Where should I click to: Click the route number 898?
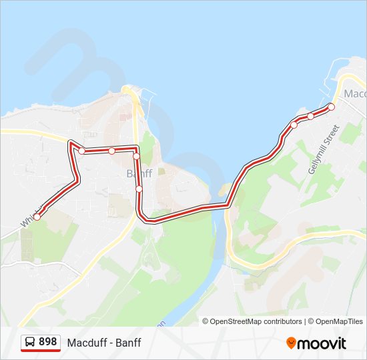[x=48, y=342]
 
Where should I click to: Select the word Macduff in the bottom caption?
[x=84, y=343]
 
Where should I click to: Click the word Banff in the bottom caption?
[x=127, y=343]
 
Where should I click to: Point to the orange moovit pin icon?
[x=292, y=343]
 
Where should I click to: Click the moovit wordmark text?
[x=322, y=343]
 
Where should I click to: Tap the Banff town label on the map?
[x=139, y=173]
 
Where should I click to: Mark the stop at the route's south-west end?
[x=37, y=217]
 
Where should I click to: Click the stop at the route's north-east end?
[x=332, y=107]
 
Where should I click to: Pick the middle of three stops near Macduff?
[x=310, y=117]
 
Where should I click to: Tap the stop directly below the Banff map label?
[x=139, y=189]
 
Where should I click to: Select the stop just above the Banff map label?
[x=136, y=157]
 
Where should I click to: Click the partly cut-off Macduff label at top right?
[x=356, y=94]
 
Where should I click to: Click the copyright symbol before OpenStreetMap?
[x=206, y=321]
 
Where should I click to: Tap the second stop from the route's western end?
[x=82, y=151]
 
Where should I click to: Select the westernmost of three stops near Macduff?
[x=294, y=125]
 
